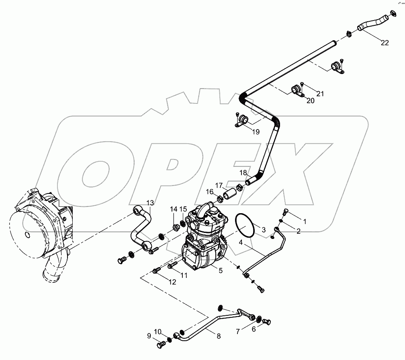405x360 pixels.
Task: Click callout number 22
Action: pyautogui.click(x=385, y=43)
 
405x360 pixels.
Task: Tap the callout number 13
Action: pyautogui.click(x=150, y=202)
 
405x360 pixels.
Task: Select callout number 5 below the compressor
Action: pyautogui.click(x=220, y=271)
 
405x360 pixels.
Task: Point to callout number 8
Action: pyautogui.click(x=219, y=336)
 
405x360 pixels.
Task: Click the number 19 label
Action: pyautogui.click(x=256, y=132)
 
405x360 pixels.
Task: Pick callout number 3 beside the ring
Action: pyautogui.click(x=264, y=230)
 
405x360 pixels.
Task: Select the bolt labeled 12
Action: pyautogui.click(x=156, y=271)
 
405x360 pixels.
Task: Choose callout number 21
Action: pyautogui.click(x=320, y=94)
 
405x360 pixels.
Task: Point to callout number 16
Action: pyautogui.click(x=210, y=191)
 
